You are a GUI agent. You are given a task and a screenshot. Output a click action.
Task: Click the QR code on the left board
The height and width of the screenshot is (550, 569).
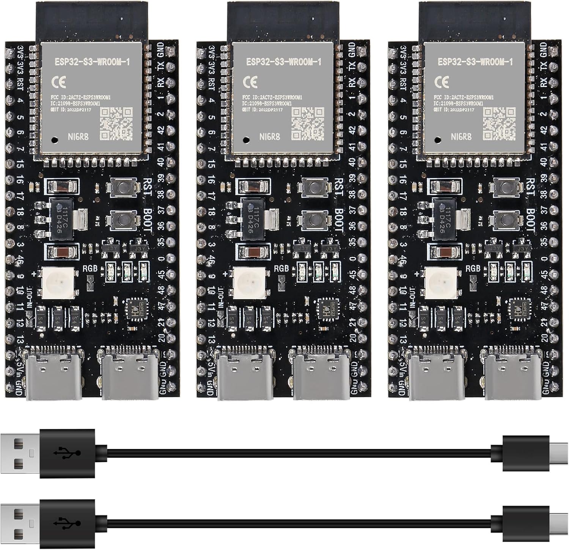click(116, 123)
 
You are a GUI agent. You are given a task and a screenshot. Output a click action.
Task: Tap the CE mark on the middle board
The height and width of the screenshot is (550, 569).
click(250, 82)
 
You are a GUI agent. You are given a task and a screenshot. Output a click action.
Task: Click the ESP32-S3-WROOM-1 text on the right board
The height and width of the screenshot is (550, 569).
click(475, 62)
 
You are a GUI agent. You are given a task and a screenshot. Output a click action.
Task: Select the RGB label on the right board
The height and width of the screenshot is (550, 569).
click(472, 268)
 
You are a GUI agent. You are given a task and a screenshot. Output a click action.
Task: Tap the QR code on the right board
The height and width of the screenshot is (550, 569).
click(499, 123)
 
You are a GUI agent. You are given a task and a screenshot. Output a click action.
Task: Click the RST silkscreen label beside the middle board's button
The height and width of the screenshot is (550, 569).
click(339, 186)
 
